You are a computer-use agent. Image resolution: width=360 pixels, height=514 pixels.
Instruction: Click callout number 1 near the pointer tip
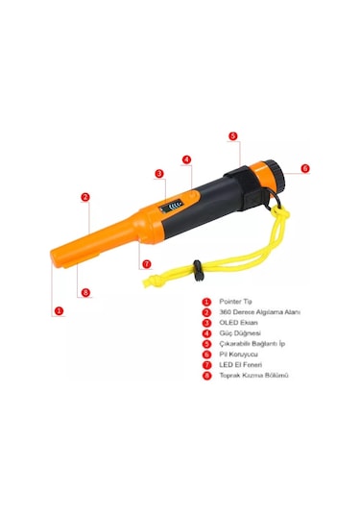[x=59, y=310]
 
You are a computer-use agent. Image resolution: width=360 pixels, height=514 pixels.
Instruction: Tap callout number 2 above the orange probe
[x=85, y=197]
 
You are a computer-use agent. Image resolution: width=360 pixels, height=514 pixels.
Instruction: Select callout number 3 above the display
[x=159, y=173]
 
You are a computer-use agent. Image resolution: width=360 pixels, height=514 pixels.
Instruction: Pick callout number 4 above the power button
[x=186, y=159]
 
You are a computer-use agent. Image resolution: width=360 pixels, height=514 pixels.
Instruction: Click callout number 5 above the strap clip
[x=233, y=136]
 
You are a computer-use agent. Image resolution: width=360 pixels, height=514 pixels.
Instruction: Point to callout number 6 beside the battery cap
[x=305, y=168]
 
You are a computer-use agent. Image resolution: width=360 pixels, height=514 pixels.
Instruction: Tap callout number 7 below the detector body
[x=147, y=264]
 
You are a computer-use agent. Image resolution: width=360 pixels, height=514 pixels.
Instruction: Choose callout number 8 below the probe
[x=85, y=292]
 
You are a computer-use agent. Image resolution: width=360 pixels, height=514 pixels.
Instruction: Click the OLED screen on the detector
[x=172, y=207]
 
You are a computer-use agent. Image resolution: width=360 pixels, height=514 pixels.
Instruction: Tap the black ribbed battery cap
[x=276, y=176]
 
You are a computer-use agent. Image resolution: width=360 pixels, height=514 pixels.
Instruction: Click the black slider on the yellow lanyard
[x=198, y=270]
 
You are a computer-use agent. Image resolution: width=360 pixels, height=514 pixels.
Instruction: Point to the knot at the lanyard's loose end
[x=151, y=281]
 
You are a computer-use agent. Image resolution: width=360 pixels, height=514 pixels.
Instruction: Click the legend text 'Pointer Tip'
[x=235, y=302]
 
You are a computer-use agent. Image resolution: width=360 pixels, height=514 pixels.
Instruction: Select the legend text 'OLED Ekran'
[x=238, y=323]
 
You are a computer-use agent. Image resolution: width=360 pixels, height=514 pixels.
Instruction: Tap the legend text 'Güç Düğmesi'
[x=240, y=333]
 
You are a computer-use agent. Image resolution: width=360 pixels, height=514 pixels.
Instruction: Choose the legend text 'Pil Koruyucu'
[x=238, y=354]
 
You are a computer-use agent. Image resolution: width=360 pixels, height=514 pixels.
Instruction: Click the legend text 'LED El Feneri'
[x=241, y=364]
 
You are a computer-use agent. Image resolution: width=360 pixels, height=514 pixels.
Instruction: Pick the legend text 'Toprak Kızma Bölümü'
[x=253, y=376]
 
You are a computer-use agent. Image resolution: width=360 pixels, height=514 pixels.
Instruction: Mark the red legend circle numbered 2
[x=206, y=312]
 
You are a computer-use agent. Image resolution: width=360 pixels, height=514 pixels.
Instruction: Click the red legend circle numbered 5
[x=206, y=344]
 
